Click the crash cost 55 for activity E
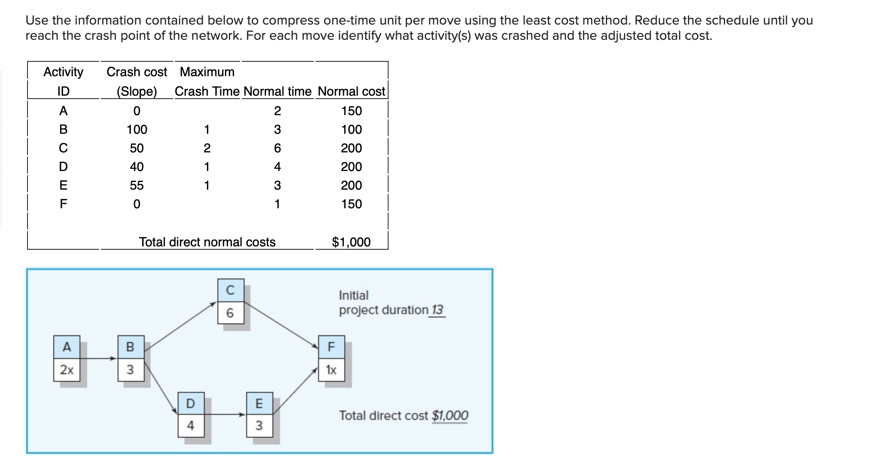(137, 185)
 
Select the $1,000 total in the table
(351, 242)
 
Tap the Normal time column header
(278, 91)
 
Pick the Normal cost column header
(351, 91)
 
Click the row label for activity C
(63, 148)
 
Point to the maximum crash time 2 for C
(207, 148)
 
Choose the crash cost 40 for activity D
(137, 167)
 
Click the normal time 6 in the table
(277, 148)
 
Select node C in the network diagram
(231, 290)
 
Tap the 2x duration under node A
(67, 370)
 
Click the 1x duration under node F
(331, 370)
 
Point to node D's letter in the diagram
(191, 404)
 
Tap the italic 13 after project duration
(437, 310)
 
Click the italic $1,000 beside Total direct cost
(450, 416)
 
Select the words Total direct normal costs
(207, 242)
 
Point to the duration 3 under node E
(259, 425)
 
